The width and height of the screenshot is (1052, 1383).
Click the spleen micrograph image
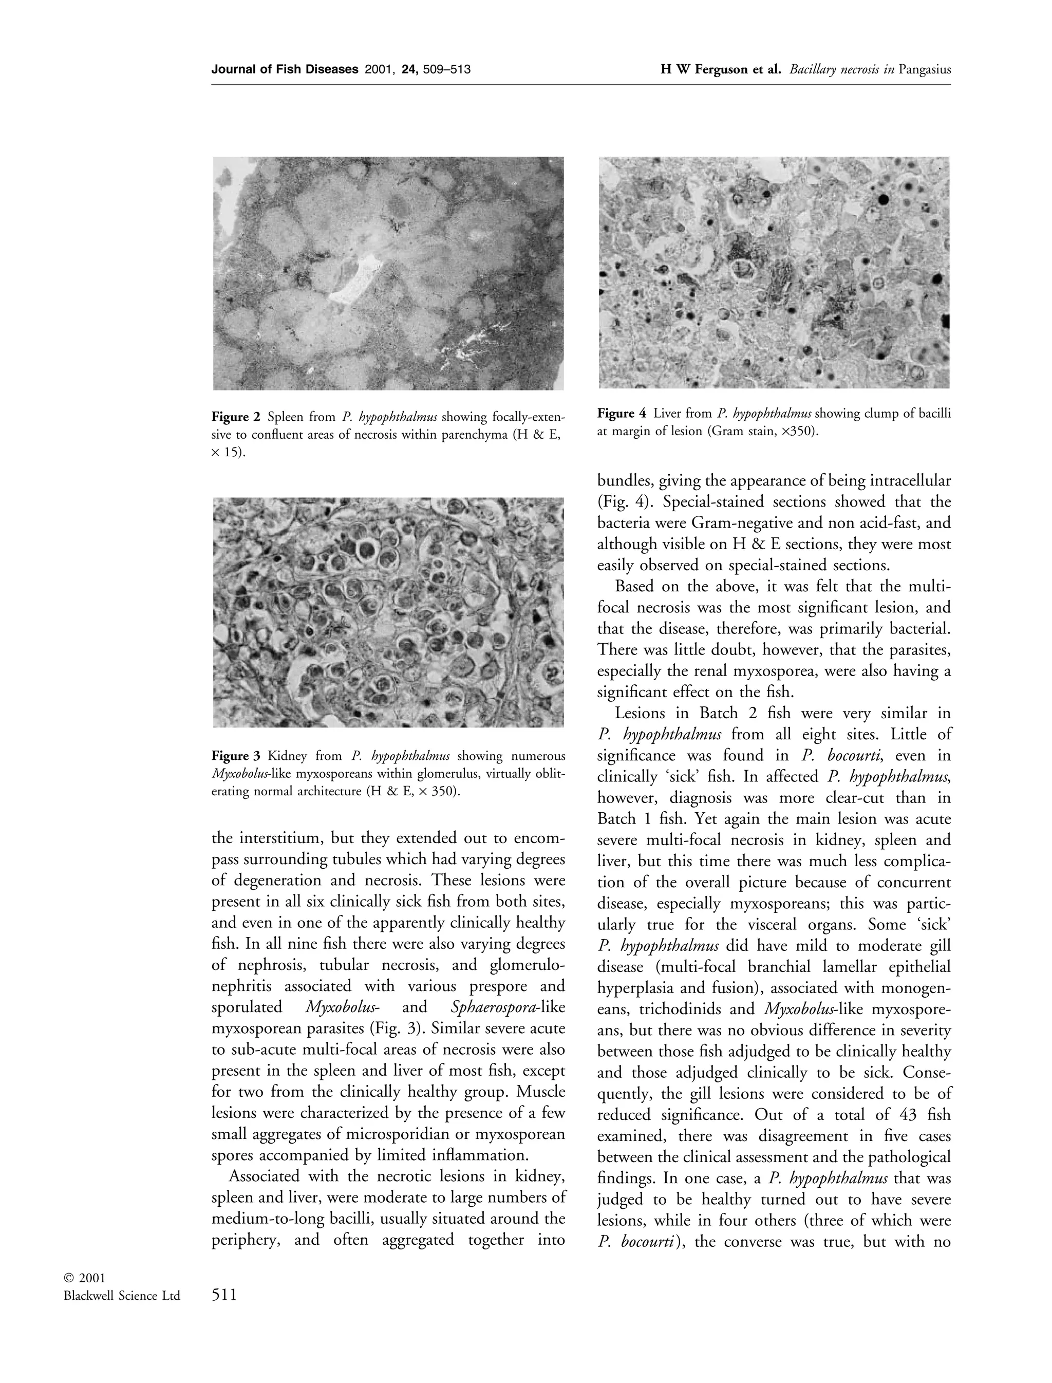[x=388, y=273]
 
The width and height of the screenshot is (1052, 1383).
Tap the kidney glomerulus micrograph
[x=388, y=612]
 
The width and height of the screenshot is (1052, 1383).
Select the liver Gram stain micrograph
[x=774, y=272]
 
